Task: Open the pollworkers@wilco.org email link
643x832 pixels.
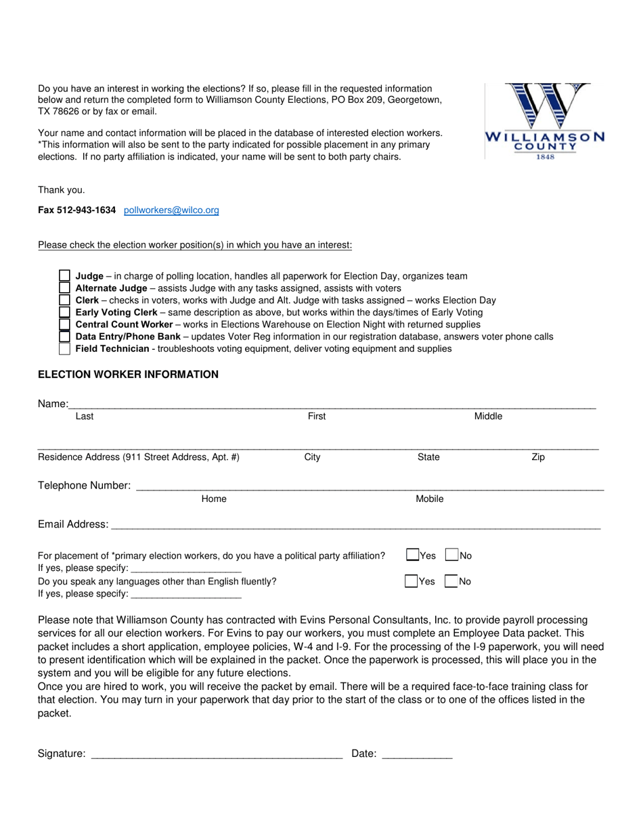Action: pos(171,210)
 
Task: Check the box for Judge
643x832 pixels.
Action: pos(64,276)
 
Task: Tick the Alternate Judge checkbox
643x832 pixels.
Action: pos(64,288)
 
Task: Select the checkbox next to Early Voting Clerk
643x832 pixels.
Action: pos(64,313)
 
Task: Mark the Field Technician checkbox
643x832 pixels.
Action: pos(64,349)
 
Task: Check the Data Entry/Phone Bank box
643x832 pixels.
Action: pos(64,337)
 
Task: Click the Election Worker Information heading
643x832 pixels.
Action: pos(128,374)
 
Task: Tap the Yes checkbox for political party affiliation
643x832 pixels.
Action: pos(412,555)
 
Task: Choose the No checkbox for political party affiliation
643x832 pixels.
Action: pos(451,555)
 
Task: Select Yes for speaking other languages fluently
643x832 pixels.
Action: pos(411,581)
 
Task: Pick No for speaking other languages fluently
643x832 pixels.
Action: pos(451,581)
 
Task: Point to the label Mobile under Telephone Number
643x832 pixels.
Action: pos(429,499)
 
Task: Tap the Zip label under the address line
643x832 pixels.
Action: pos(538,457)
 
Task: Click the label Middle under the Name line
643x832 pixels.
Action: pos(488,416)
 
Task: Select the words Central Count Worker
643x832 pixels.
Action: pos(124,325)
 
